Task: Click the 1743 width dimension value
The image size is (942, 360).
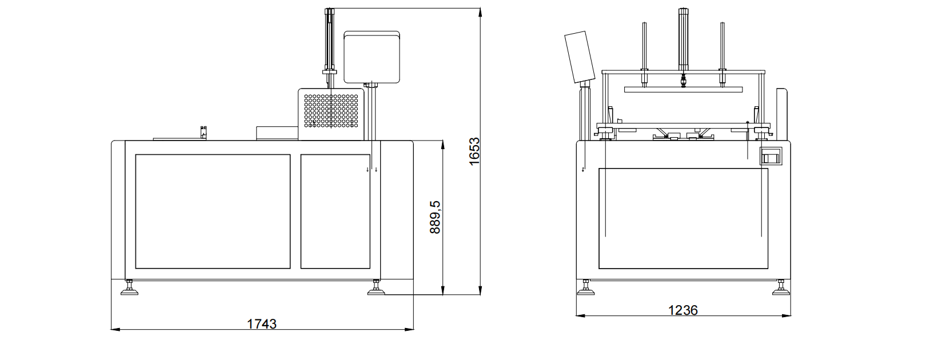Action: (x=262, y=324)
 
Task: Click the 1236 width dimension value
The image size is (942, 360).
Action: (x=683, y=310)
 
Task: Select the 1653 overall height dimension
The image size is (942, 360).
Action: (x=473, y=151)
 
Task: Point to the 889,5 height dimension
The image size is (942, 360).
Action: (x=436, y=217)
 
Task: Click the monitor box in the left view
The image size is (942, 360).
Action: (x=370, y=55)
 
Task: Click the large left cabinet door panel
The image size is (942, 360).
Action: (x=213, y=211)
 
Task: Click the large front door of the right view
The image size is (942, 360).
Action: (x=683, y=218)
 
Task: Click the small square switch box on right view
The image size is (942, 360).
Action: (x=770, y=156)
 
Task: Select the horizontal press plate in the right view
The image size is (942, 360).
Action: (x=683, y=89)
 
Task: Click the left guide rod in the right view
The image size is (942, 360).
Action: (x=644, y=49)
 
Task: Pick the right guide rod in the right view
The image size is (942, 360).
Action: (x=722, y=49)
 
